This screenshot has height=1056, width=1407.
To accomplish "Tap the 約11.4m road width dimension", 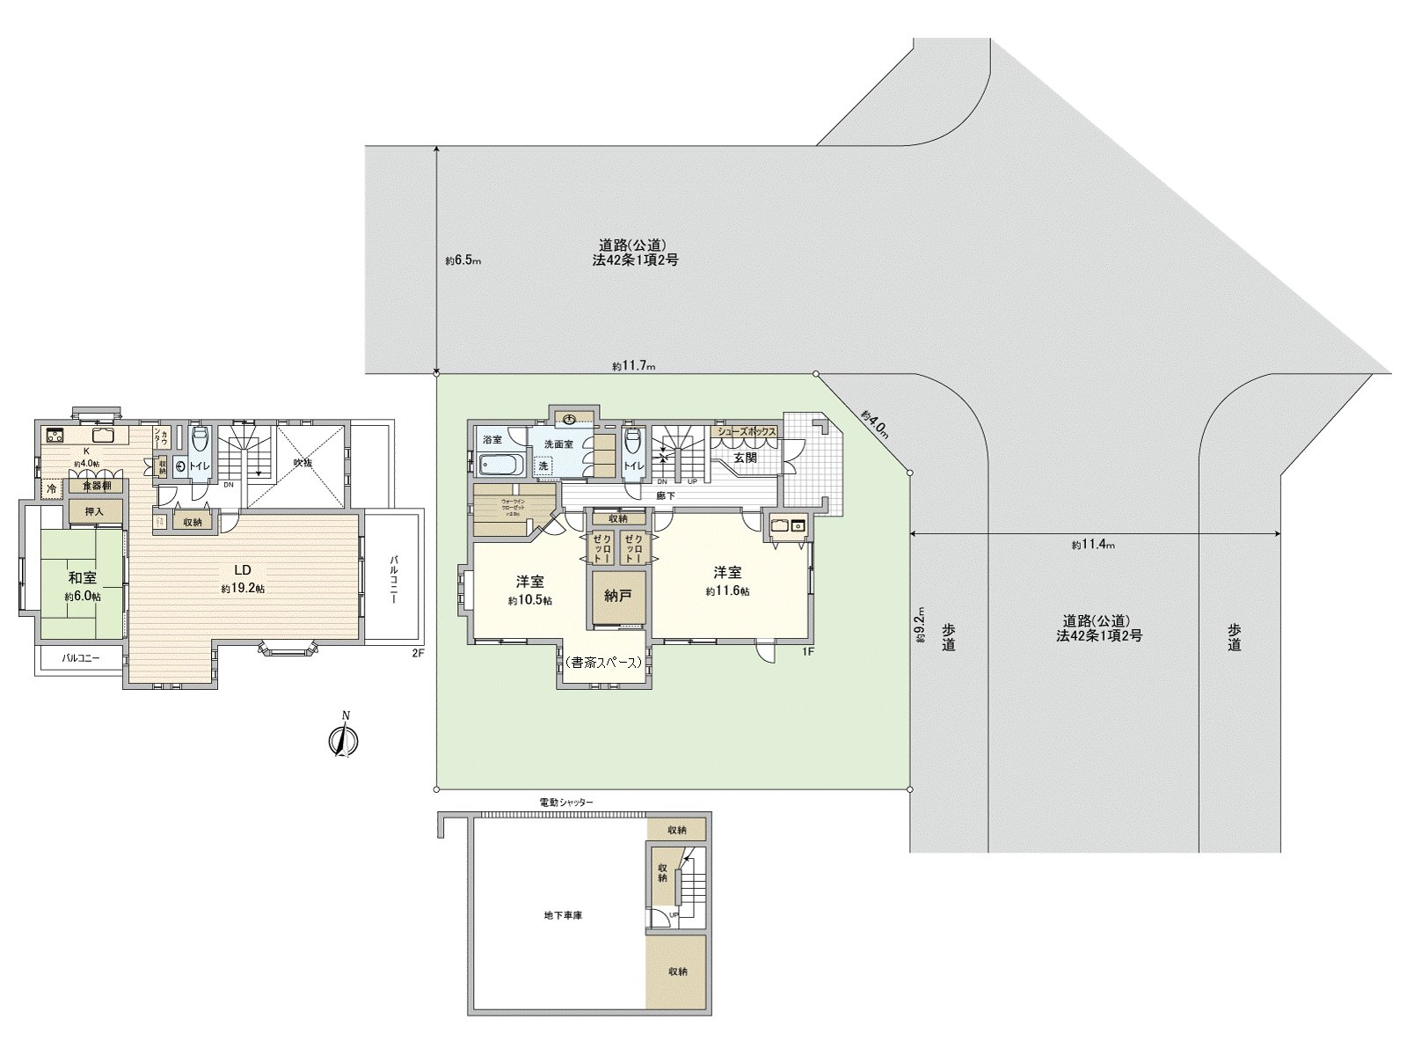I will [1093, 545].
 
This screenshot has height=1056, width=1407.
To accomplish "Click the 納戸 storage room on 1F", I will [618, 596].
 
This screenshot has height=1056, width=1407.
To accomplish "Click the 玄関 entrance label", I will [745, 458].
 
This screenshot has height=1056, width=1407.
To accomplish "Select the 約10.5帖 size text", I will [529, 600].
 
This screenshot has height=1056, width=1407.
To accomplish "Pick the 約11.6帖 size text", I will [727, 591].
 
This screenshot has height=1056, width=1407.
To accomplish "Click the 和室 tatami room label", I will [83, 578].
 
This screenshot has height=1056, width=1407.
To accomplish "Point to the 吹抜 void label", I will [303, 462].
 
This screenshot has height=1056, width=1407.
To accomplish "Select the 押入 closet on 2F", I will [94, 511].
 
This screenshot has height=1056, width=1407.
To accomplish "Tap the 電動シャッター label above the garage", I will [566, 803].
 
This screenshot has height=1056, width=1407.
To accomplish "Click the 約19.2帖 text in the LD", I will [242, 588].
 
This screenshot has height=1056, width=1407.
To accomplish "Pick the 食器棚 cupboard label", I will [97, 486].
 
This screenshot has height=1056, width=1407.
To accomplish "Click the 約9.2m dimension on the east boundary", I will [920, 624].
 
